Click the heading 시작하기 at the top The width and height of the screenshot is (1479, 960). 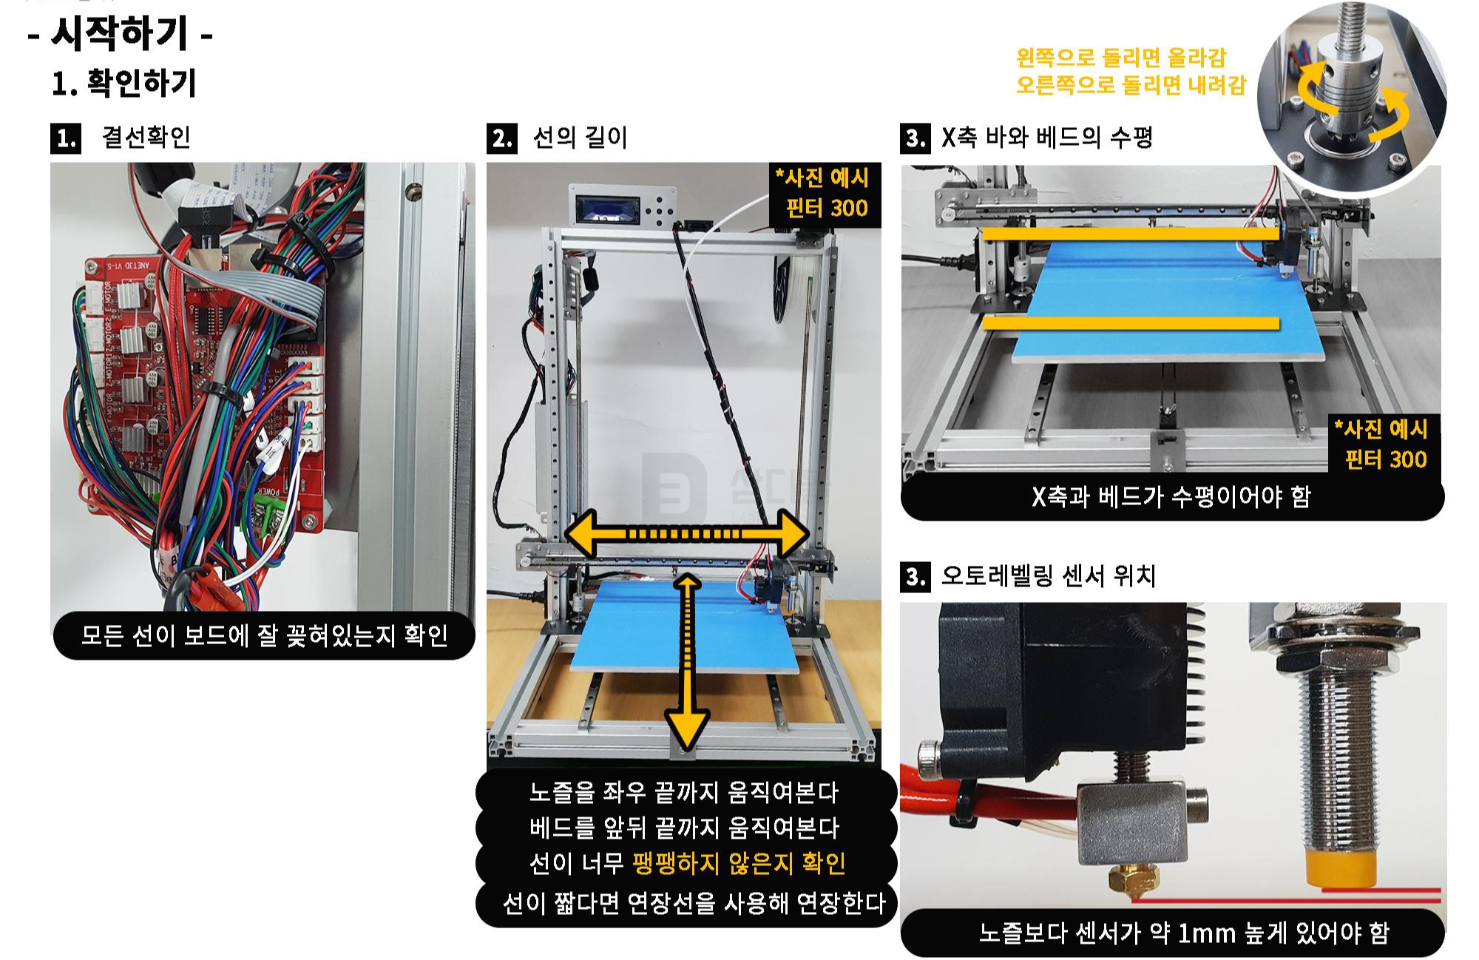point(120,34)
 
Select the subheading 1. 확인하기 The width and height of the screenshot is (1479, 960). point(124,83)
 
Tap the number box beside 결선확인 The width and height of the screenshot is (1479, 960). point(66,138)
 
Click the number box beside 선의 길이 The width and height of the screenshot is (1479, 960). point(502,138)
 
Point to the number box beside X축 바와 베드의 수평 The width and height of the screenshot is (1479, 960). point(916,138)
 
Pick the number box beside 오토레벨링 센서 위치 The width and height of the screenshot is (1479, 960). point(916,576)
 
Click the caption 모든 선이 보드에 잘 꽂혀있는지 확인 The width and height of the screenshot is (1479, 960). point(264,635)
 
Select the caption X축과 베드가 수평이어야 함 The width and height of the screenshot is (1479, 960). point(1171,496)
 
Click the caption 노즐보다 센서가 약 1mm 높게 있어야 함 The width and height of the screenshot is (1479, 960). point(1184,933)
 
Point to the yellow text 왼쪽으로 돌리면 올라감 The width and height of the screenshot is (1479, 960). point(1121,57)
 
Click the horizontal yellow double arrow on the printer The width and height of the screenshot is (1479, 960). point(687,533)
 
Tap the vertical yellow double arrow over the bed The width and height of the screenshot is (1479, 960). point(687,662)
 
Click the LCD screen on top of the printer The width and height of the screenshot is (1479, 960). point(606,209)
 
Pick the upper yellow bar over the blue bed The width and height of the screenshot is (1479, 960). point(1131,234)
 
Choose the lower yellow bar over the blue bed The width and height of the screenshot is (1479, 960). point(1131,323)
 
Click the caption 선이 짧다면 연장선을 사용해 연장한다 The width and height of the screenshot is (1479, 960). point(694,903)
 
